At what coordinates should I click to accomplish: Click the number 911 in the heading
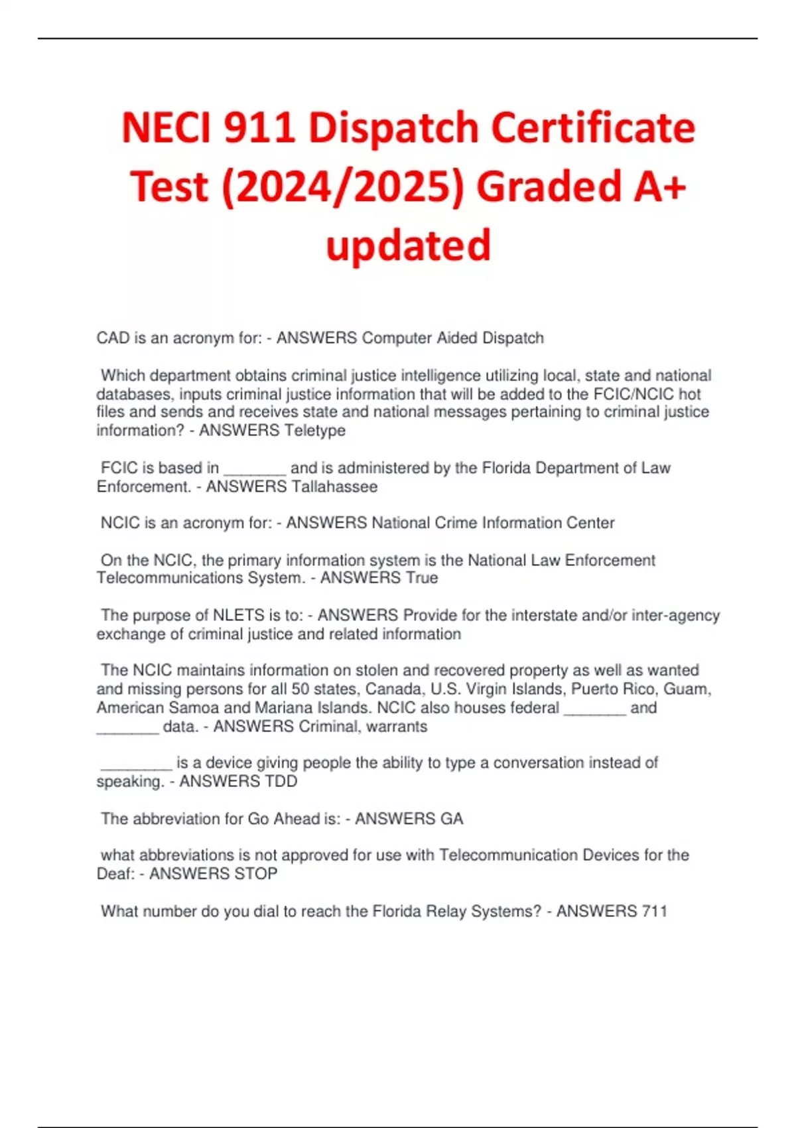259,127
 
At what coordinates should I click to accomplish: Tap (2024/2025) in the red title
343,186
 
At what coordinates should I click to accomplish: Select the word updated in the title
408,245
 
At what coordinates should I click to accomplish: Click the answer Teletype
315,431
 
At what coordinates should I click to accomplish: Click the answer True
422,578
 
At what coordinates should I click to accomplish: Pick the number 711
654,911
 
